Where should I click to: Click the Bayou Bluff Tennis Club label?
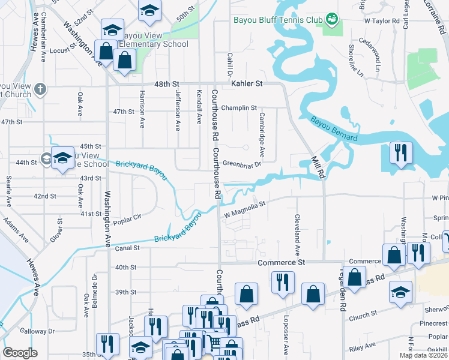[x=278, y=19]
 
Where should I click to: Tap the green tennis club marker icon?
[x=331, y=19]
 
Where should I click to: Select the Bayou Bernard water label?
[x=334, y=130]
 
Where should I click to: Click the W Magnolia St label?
[x=244, y=209]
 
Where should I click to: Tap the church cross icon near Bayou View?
[x=40, y=89]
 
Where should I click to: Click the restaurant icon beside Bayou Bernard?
[x=400, y=152]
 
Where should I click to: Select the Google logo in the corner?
[x=20, y=353]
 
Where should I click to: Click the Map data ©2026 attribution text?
[x=423, y=355]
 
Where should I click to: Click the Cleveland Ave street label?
[x=297, y=236]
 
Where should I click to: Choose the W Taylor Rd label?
[x=382, y=20]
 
